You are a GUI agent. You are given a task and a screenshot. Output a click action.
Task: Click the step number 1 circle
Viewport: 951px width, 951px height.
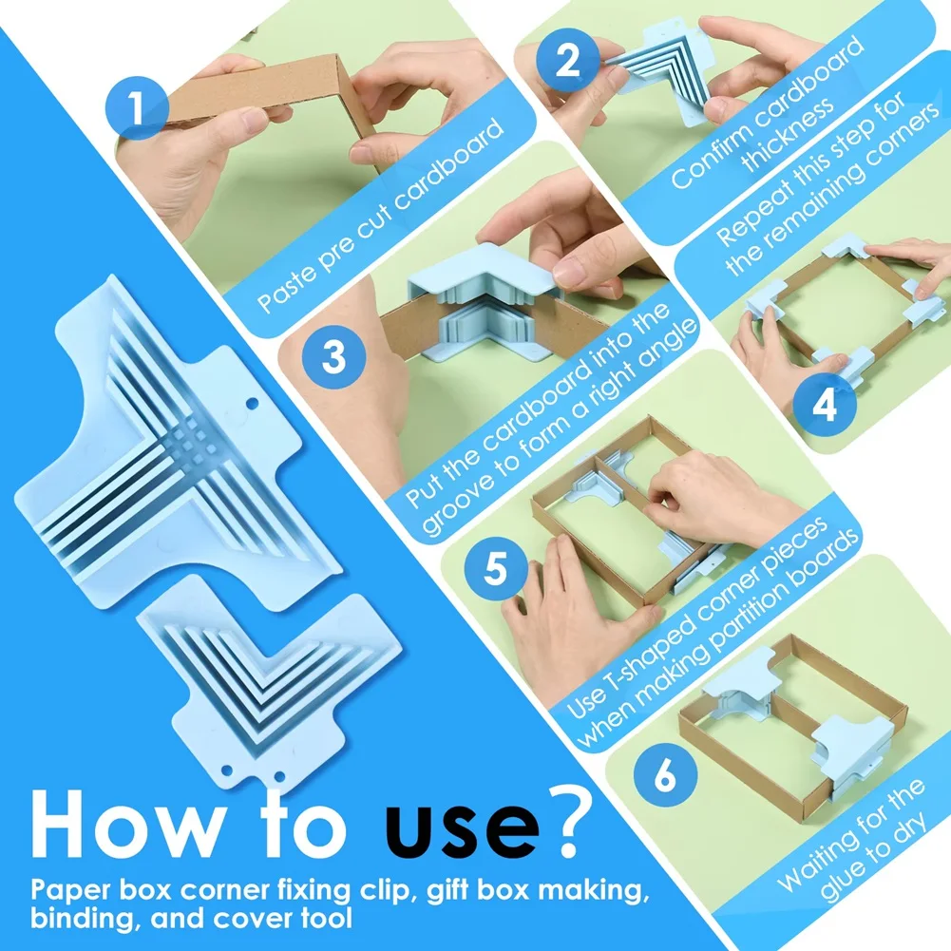pyautogui.click(x=137, y=108)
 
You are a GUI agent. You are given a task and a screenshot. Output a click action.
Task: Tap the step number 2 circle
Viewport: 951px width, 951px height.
pyautogui.click(x=567, y=60)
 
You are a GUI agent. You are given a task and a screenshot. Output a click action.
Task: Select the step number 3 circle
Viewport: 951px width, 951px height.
pyautogui.click(x=333, y=356)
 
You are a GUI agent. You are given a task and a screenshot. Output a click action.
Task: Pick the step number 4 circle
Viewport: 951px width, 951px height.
pyautogui.click(x=825, y=405)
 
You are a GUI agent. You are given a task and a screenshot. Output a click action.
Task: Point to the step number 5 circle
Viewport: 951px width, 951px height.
pyautogui.click(x=496, y=569)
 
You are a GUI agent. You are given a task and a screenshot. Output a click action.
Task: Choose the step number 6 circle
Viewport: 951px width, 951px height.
pyautogui.click(x=665, y=775)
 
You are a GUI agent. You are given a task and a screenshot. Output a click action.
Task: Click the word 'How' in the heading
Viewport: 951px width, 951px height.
pyautogui.click(x=125, y=823)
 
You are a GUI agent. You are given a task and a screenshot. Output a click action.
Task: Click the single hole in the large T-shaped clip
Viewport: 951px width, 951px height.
pyautogui.click(x=253, y=404)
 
